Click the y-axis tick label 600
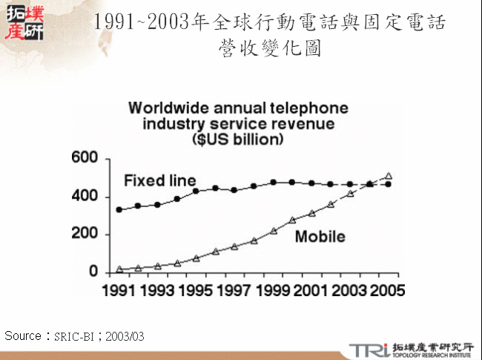coord(85,158)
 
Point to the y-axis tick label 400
coord(85,197)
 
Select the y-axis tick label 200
coord(85,235)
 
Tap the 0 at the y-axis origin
coord(93,272)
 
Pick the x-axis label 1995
coord(197,290)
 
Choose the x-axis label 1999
coord(274,290)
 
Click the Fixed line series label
coord(159,180)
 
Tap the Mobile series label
coord(320,237)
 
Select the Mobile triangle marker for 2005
coord(388,177)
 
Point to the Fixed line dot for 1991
coord(119,209)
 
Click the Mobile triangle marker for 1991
coord(119,269)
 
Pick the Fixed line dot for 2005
coord(388,183)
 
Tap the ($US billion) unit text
coord(237,139)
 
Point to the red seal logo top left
coord(24,23)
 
